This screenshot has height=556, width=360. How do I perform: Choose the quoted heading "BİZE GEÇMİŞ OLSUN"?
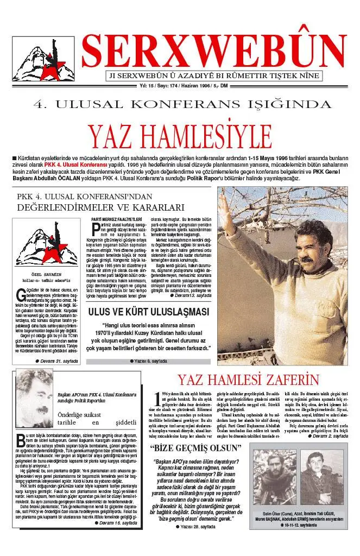pyautogui.click(x=195, y=448)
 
